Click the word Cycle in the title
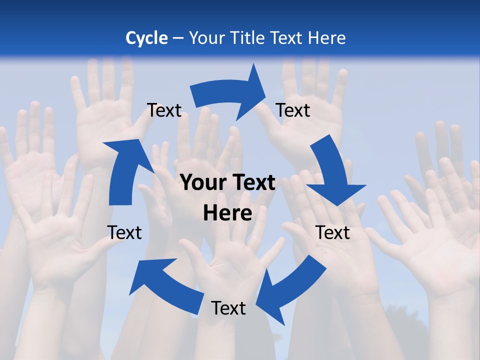(x=146, y=37)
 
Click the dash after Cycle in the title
(x=178, y=38)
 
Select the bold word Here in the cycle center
(x=227, y=213)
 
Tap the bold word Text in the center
(x=254, y=183)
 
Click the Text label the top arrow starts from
(x=164, y=110)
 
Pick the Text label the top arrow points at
(x=293, y=110)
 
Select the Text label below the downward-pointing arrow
(x=332, y=232)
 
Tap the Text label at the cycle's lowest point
(x=228, y=308)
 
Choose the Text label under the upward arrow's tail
(x=124, y=232)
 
